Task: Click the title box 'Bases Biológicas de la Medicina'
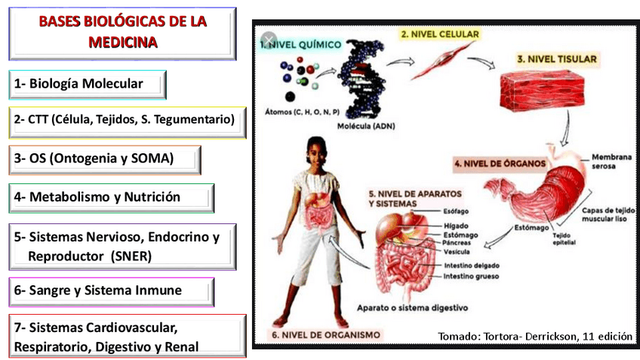(x=122, y=32)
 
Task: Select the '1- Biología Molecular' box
(x=88, y=84)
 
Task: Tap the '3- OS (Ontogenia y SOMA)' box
(x=105, y=159)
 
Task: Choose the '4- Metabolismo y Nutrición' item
(x=112, y=197)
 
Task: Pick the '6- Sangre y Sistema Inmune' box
(x=112, y=291)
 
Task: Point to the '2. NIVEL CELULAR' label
(x=439, y=34)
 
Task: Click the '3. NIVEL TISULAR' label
(x=556, y=58)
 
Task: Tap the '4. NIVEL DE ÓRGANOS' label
(x=500, y=162)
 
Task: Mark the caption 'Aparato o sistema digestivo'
(x=412, y=307)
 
